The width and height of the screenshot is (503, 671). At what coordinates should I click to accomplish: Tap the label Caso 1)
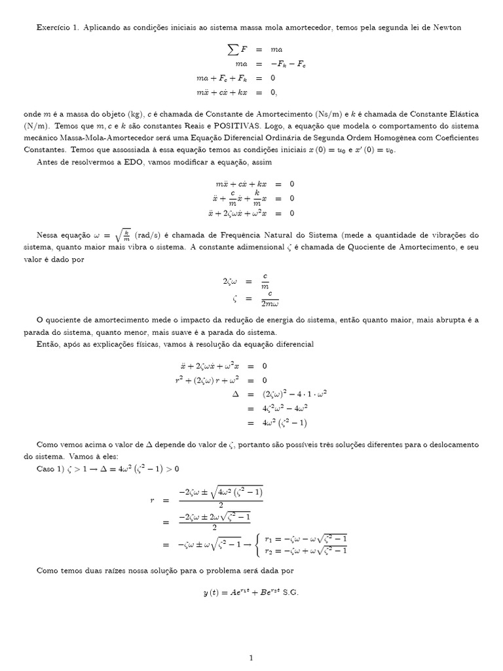(x=50, y=469)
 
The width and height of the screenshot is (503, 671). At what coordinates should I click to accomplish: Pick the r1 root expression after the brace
(x=305, y=537)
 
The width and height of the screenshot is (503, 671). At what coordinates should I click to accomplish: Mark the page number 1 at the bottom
(x=251, y=657)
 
